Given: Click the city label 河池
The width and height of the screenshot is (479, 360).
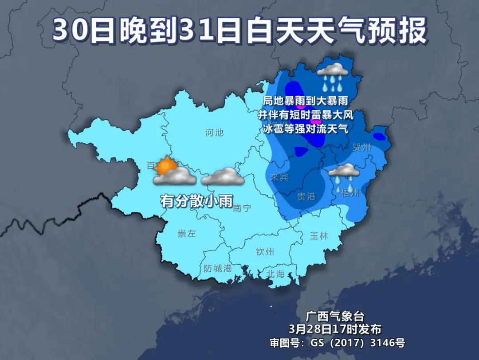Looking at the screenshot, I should click(x=214, y=132).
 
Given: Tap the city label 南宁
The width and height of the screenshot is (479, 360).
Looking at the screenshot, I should click(x=242, y=207).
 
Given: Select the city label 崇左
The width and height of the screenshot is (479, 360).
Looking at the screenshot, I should click(x=186, y=234).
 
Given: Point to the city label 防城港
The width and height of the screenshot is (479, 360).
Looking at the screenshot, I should click(x=218, y=268).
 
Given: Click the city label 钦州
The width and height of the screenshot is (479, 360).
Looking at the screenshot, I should click(x=265, y=252).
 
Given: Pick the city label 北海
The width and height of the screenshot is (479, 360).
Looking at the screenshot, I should click(x=275, y=274).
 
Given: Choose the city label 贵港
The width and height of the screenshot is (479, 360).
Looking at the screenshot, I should click(x=306, y=196).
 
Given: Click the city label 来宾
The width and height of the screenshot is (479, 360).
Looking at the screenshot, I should click(x=279, y=177).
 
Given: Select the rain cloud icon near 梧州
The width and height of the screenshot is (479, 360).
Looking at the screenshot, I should click(x=344, y=174).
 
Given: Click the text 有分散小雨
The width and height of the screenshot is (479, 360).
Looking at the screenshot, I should click(x=197, y=201).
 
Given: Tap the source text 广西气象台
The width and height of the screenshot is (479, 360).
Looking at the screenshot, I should click(x=335, y=316).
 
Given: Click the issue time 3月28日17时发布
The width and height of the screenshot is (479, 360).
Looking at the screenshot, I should click(x=335, y=329).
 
